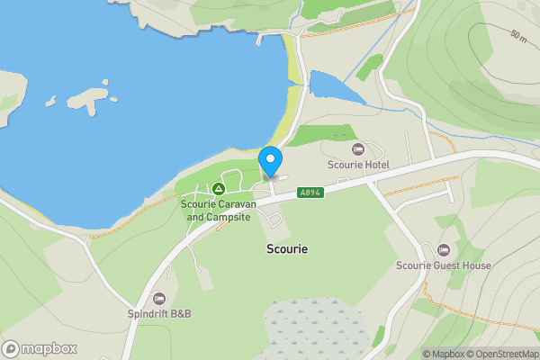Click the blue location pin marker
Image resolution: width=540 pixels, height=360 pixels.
point(271,161)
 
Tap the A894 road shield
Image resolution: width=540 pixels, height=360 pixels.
point(309,193)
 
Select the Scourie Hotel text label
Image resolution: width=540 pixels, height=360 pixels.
point(357,166)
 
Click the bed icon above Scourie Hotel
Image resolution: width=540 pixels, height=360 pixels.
point(357,148)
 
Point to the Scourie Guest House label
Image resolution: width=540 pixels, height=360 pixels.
point(444,265)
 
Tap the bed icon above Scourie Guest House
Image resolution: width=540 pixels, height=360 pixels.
point(443,249)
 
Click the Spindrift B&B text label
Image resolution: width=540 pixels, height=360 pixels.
point(159,314)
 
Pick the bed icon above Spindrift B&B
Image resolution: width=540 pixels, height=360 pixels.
point(159,298)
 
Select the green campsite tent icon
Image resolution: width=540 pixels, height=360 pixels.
point(218,189)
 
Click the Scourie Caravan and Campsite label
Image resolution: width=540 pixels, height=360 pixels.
point(219,211)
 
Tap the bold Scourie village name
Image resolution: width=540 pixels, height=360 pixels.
point(287,248)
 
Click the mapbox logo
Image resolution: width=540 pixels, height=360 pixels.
point(40,348)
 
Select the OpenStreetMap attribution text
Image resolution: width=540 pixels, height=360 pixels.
point(502,354)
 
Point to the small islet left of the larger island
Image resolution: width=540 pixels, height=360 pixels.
point(51,101)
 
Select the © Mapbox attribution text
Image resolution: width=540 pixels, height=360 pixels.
point(444,354)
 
